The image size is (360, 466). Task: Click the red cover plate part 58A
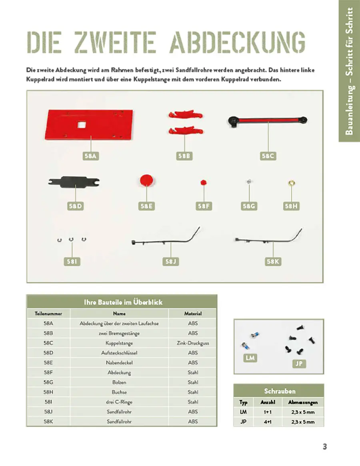90,124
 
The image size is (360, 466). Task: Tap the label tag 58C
268,156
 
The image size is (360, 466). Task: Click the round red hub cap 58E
147,180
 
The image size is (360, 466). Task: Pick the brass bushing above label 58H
292,183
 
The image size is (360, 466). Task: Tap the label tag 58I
72,262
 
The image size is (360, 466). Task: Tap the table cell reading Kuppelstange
119,343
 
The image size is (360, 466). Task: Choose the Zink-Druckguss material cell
192,343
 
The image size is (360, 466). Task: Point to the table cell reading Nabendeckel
119,363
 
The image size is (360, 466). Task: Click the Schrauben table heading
280,391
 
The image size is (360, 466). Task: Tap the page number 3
325,447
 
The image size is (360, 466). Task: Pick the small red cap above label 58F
203,182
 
